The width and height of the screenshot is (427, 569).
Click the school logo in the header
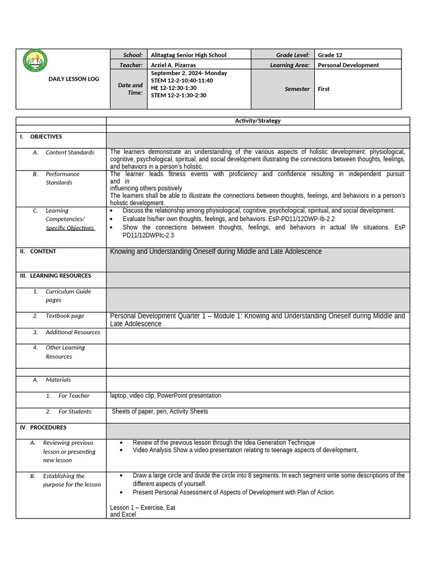35,61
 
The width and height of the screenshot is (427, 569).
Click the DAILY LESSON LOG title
74,79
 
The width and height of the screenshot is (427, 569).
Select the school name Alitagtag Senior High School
188,55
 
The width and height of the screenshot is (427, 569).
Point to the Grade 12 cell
330,55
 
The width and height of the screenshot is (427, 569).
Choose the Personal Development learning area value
348,65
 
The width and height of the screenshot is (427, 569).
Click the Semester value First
324,89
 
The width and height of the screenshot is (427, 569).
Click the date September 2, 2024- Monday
189,73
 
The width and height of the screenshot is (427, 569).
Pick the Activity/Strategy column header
257,121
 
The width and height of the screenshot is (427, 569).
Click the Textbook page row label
65,316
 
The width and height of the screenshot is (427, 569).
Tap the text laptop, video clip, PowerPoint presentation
166,396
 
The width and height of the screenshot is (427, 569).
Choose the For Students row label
75,412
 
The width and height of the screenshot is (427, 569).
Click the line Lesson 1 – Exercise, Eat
143,507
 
